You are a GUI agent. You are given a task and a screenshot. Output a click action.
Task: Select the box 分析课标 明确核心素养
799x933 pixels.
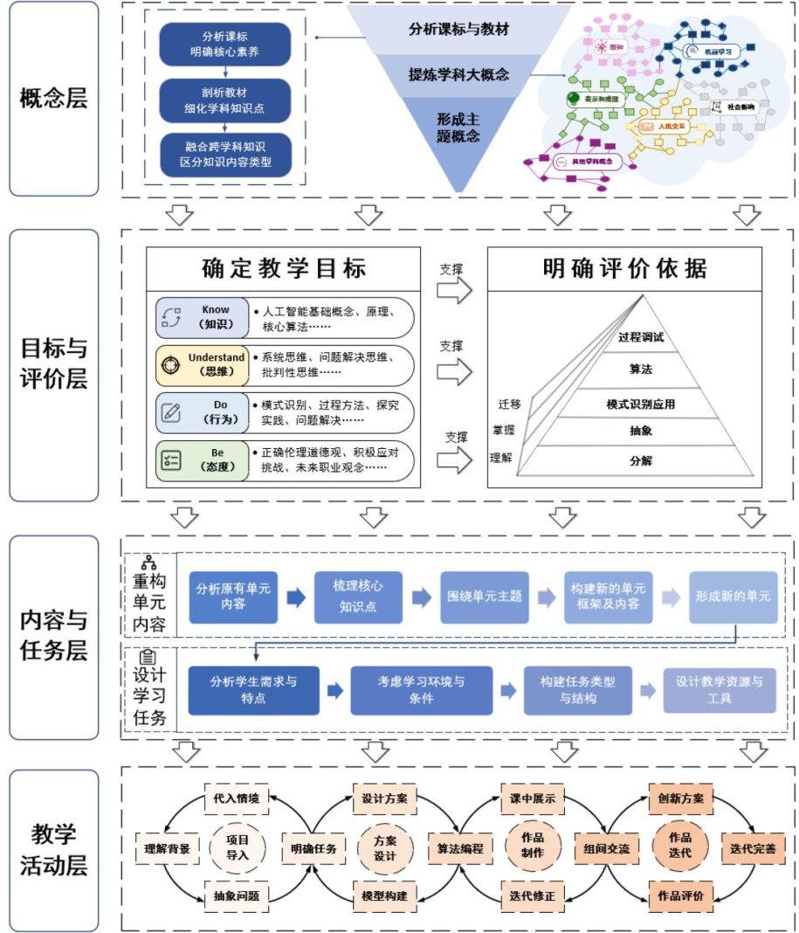(224, 44)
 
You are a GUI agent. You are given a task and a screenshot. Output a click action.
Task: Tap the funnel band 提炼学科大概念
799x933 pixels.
(459, 75)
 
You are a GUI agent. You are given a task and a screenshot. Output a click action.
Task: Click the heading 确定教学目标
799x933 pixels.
(284, 268)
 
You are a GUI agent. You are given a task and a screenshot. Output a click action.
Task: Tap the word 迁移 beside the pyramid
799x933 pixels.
(509, 404)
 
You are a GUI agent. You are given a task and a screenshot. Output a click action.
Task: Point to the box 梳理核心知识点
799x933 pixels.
(357, 597)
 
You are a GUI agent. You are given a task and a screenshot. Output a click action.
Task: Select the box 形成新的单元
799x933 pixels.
(733, 597)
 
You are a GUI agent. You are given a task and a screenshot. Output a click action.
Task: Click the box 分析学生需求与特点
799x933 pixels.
(253, 690)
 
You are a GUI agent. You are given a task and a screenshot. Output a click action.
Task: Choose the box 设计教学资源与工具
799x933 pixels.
(719, 690)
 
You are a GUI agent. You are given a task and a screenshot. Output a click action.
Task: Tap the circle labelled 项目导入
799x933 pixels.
(238, 847)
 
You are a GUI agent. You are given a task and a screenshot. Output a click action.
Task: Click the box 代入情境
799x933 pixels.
(237, 798)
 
